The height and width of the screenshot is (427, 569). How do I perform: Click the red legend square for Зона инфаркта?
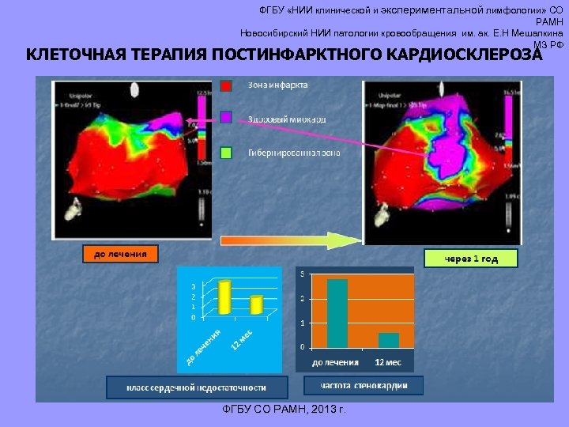[226, 85]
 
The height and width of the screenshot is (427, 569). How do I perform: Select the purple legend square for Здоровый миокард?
[226, 118]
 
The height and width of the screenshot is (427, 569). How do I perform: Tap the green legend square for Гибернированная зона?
[226, 152]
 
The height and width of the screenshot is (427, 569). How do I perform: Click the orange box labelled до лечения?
[120, 254]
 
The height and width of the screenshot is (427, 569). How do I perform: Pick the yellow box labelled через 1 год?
[471, 259]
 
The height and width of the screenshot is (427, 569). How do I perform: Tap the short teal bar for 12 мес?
[388, 340]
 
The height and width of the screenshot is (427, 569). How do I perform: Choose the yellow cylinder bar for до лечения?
[225, 297]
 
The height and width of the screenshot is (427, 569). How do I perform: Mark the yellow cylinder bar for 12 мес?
[256, 305]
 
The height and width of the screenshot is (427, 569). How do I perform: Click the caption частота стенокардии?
[364, 386]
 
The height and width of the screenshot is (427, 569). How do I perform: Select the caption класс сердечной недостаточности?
[198, 387]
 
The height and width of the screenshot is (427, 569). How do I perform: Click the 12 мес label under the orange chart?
[387, 362]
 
